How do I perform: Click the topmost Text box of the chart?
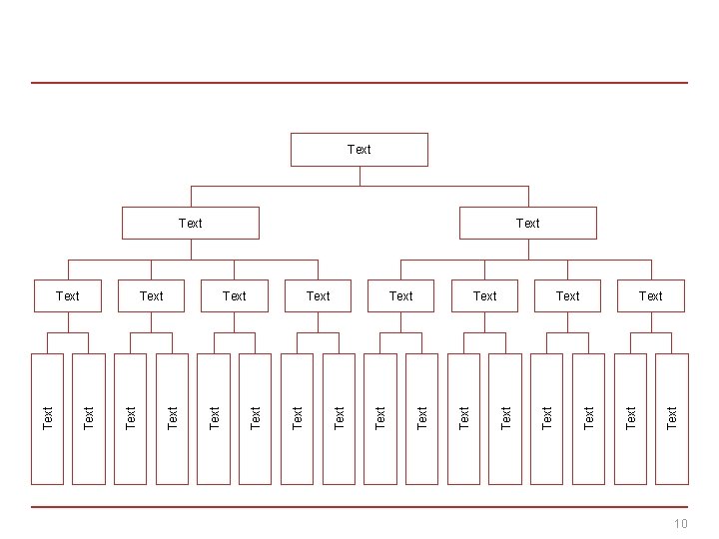(359, 150)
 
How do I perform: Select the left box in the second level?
(190, 223)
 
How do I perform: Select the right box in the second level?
(527, 223)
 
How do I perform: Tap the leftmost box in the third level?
(68, 295)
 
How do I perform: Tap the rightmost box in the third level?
(650, 295)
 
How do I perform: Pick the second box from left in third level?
(152, 295)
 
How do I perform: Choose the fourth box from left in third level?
(318, 295)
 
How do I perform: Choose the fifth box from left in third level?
(400, 295)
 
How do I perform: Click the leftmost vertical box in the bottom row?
(47, 419)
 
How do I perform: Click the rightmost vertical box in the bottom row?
(672, 419)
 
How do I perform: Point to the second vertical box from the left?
(89, 419)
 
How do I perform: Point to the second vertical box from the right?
(630, 419)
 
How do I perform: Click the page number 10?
(681, 524)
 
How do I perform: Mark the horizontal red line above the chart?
(359, 83)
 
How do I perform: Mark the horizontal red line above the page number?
(359, 507)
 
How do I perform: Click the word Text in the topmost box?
(359, 150)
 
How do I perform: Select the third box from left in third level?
(235, 295)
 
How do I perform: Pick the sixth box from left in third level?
(484, 295)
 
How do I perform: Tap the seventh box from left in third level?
(567, 295)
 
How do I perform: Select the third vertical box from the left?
(131, 419)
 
